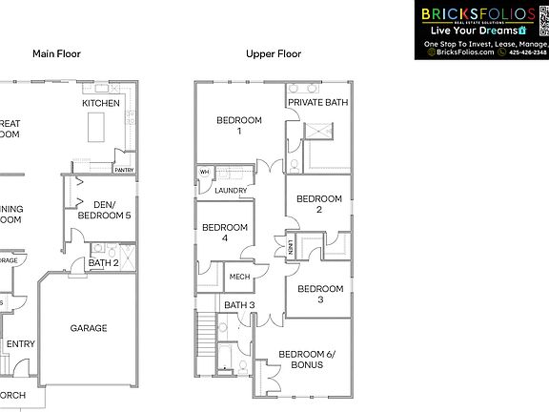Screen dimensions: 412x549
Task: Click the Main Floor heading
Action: click(56, 54)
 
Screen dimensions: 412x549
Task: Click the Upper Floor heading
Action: click(274, 54)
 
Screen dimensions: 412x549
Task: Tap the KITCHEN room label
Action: click(101, 103)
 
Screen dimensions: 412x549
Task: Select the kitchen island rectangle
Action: click(96, 125)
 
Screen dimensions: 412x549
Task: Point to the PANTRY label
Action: click(124, 171)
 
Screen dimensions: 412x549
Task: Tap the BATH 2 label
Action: click(103, 262)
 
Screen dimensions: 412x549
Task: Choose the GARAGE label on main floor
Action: click(89, 328)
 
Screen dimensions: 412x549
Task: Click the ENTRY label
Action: click(20, 344)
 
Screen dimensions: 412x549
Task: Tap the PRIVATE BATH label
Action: click(318, 103)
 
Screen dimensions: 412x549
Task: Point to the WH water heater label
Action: click(204, 173)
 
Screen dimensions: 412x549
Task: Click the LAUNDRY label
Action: click(232, 191)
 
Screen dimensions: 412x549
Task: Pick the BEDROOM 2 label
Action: click(319, 204)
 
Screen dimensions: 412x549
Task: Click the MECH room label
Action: click(239, 278)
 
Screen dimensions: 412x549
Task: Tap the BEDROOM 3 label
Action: click(319, 294)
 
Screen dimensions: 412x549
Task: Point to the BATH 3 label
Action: click(239, 305)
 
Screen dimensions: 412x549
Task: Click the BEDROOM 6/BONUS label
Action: click(300, 360)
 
